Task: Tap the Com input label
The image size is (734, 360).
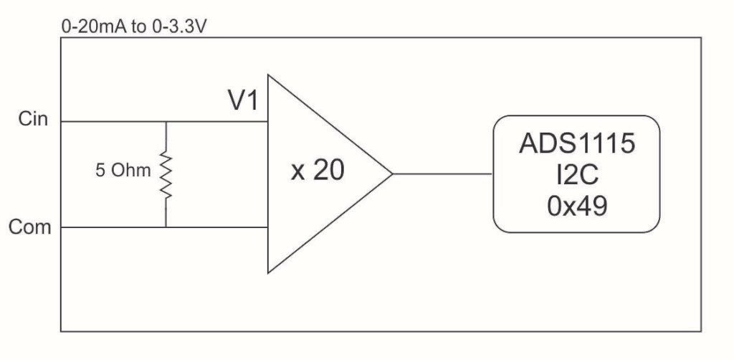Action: [x=30, y=227]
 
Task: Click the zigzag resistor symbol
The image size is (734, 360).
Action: [x=166, y=174]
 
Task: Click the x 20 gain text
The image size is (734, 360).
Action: [x=317, y=173]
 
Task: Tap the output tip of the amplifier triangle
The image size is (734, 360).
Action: [x=391, y=174]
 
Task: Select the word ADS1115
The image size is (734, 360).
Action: [x=577, y=144]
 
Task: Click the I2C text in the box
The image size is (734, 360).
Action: [x=577, y=175]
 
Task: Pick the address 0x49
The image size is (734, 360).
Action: [x=577, y=206]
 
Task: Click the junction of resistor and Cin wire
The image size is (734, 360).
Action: [x=166, y=121]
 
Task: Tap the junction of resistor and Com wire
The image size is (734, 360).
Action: [x=166, y=228]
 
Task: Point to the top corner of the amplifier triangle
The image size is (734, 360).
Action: [x=268, y=75]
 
